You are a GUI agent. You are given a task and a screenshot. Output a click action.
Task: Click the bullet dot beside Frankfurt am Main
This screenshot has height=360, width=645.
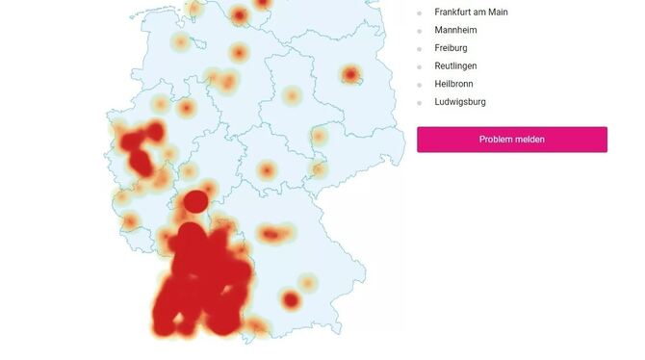click(x=420, y=13)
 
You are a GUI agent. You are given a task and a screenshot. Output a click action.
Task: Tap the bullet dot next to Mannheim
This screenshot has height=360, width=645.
click(x=420, y=31)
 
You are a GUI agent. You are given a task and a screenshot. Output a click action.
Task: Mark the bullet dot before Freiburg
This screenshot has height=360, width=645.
click(x=420, y=49)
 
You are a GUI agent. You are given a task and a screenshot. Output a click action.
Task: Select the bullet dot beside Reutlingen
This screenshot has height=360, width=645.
click(x=420, y=66)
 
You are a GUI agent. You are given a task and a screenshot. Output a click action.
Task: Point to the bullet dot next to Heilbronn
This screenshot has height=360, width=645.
click(x=420, y=85)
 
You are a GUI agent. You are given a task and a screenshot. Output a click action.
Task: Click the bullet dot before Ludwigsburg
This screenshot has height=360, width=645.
click(x=420, y=102)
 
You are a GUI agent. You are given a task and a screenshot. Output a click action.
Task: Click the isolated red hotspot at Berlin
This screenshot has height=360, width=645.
click(x=351, y=74)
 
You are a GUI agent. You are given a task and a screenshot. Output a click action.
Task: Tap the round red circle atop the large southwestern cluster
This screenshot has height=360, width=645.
click(x=195, y=202)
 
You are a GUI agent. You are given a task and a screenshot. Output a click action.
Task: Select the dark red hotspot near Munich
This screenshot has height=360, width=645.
click(x=291, y=300)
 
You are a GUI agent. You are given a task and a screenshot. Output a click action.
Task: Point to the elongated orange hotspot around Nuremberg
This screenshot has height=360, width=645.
click(x=273, y=233)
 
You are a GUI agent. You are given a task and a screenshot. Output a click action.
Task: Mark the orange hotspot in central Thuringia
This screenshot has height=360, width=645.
click(x=267, y=171)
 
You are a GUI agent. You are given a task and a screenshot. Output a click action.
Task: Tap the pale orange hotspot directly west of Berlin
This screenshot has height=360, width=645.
click(x=293, y=95)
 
